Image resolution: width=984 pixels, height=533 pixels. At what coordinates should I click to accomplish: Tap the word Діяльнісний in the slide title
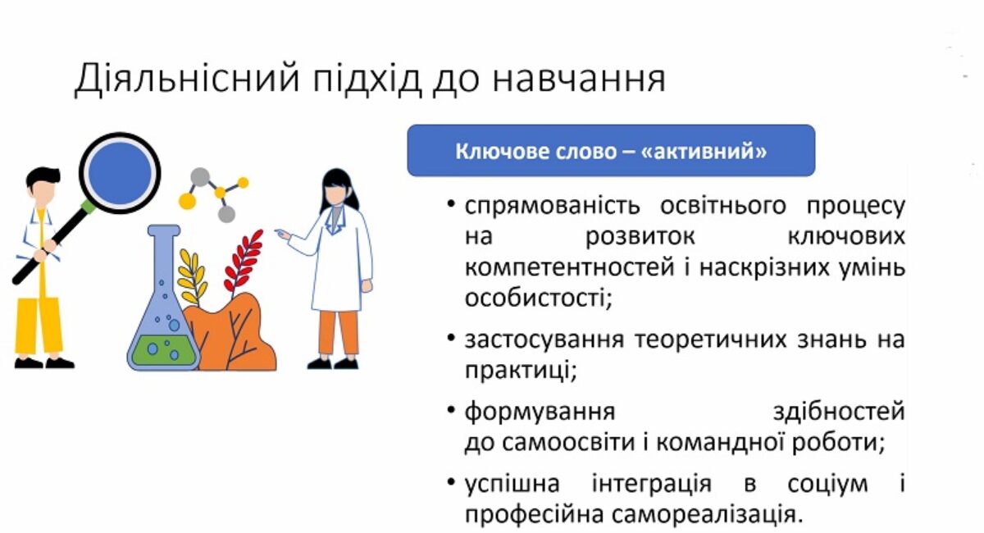(188, 79)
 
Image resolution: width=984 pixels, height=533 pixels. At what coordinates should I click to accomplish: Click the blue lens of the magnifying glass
(120, 173)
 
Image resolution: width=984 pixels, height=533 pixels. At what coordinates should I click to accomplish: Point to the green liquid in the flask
(162, 350)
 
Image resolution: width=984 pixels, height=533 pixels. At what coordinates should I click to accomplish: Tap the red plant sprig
(243, 262)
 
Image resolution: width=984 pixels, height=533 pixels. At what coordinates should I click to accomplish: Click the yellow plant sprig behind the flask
(192, 278)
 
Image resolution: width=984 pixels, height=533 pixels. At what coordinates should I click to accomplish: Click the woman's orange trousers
(338, 333)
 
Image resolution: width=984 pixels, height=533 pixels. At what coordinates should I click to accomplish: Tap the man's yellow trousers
(39, 326)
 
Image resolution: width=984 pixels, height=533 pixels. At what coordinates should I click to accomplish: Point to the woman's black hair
(338, 189)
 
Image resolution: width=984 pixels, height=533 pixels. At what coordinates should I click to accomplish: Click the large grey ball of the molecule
(200, 176)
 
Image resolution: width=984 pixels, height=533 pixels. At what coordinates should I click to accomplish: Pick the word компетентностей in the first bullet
(569, 267)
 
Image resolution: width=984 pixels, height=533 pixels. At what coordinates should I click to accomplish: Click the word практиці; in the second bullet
(521, 371)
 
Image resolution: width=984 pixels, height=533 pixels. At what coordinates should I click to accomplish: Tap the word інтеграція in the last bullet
(651, 485)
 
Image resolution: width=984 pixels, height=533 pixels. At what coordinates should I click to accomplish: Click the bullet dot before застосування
(451, 338)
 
